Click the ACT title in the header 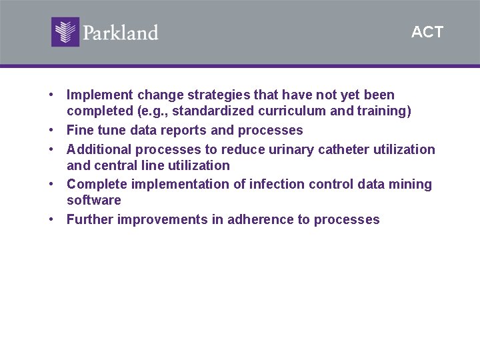pos(427,32)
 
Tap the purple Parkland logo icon pos(65,32)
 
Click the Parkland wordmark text pos(120,33)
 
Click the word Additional pos(99,150)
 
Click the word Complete pos(97,185)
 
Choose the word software pos(94,201)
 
